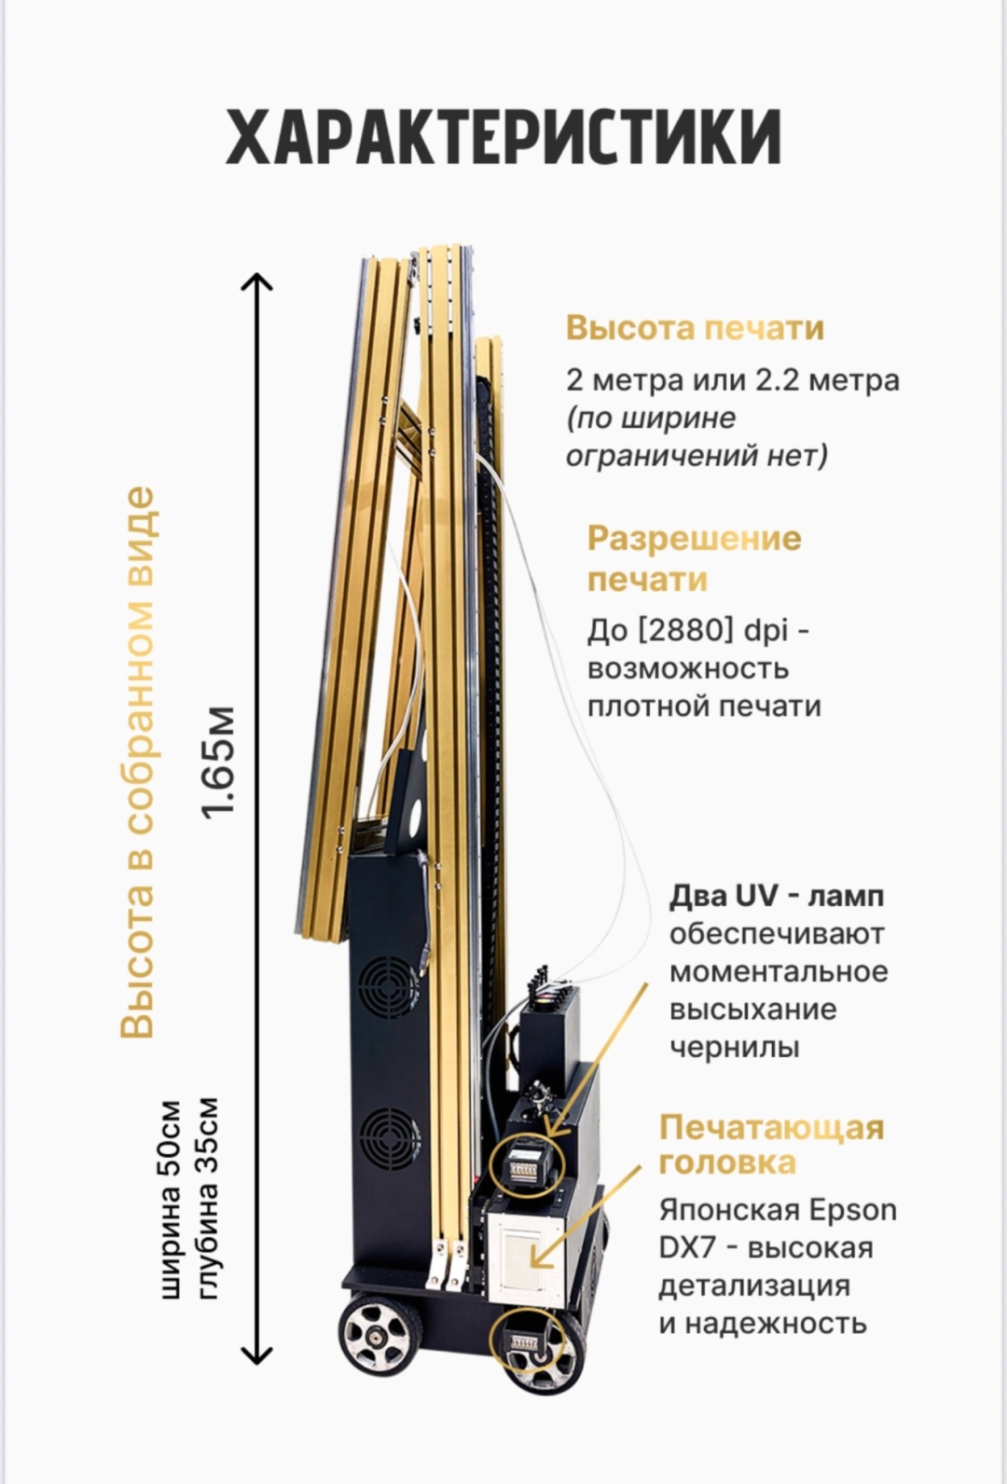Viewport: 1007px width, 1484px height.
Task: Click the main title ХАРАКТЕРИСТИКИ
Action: tap(504, 136)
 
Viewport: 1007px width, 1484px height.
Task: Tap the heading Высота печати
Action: tap(695, 328)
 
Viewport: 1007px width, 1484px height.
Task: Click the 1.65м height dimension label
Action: tap(219, 763)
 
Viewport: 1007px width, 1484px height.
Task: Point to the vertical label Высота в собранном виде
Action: tap(138, 763)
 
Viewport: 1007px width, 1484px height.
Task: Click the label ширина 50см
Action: tap(171, 1200)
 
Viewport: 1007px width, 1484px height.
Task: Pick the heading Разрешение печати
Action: tap(695, 558)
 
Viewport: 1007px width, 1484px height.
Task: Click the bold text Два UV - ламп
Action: tap(777, 897)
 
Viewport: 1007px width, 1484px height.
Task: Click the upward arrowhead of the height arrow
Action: tap(255, 282)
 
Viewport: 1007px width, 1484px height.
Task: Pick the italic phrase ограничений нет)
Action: tap(697, 456)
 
